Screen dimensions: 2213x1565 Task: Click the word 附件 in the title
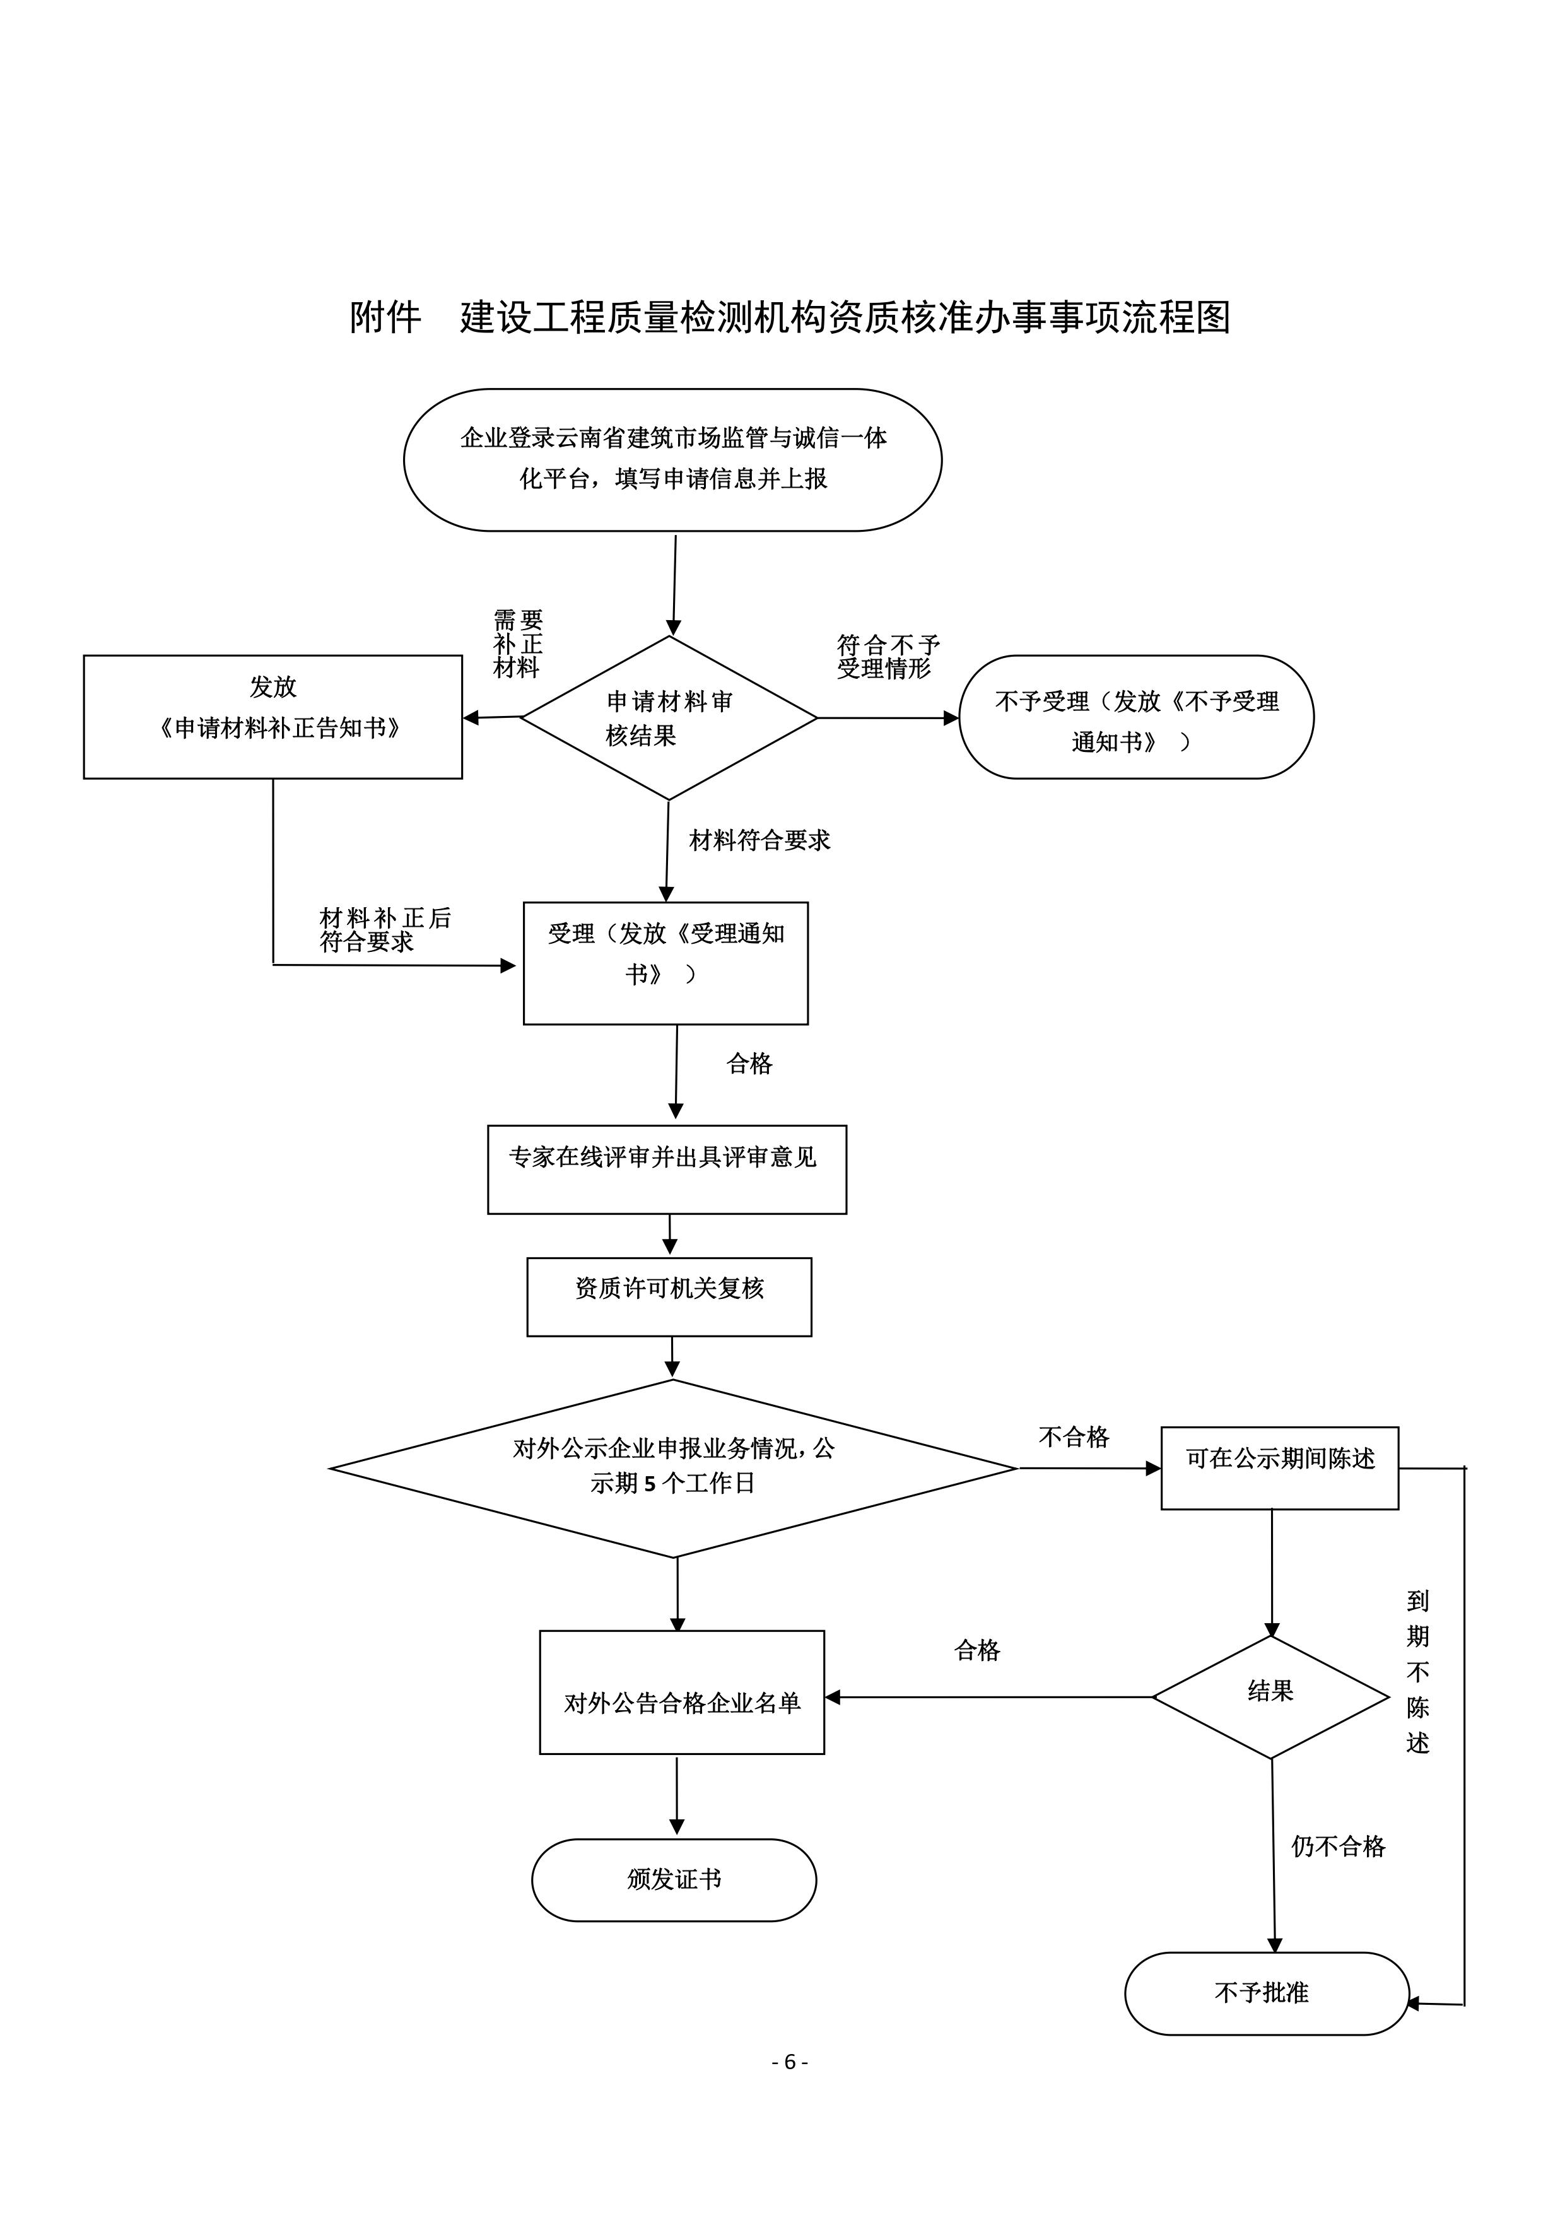tap(385, 317)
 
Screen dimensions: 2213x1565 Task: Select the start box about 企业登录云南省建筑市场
tap(672, 460)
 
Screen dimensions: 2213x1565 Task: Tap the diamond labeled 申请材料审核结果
tap(669, 718)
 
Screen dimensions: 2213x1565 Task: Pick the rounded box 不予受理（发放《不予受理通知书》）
tap(1136, 717)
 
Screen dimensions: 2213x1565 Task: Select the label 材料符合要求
tap(759, 840)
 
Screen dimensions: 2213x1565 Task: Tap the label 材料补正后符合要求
tap(385, 930)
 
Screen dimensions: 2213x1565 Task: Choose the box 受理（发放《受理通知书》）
tap(665, 963)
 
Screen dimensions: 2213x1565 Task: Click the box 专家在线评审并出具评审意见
tap(666, 1168)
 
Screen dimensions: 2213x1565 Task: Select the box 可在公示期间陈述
tap(1279, 1468)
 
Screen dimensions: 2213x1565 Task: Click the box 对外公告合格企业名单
tap(681, 1704)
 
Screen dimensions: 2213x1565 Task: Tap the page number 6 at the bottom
tap(789, 2062)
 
